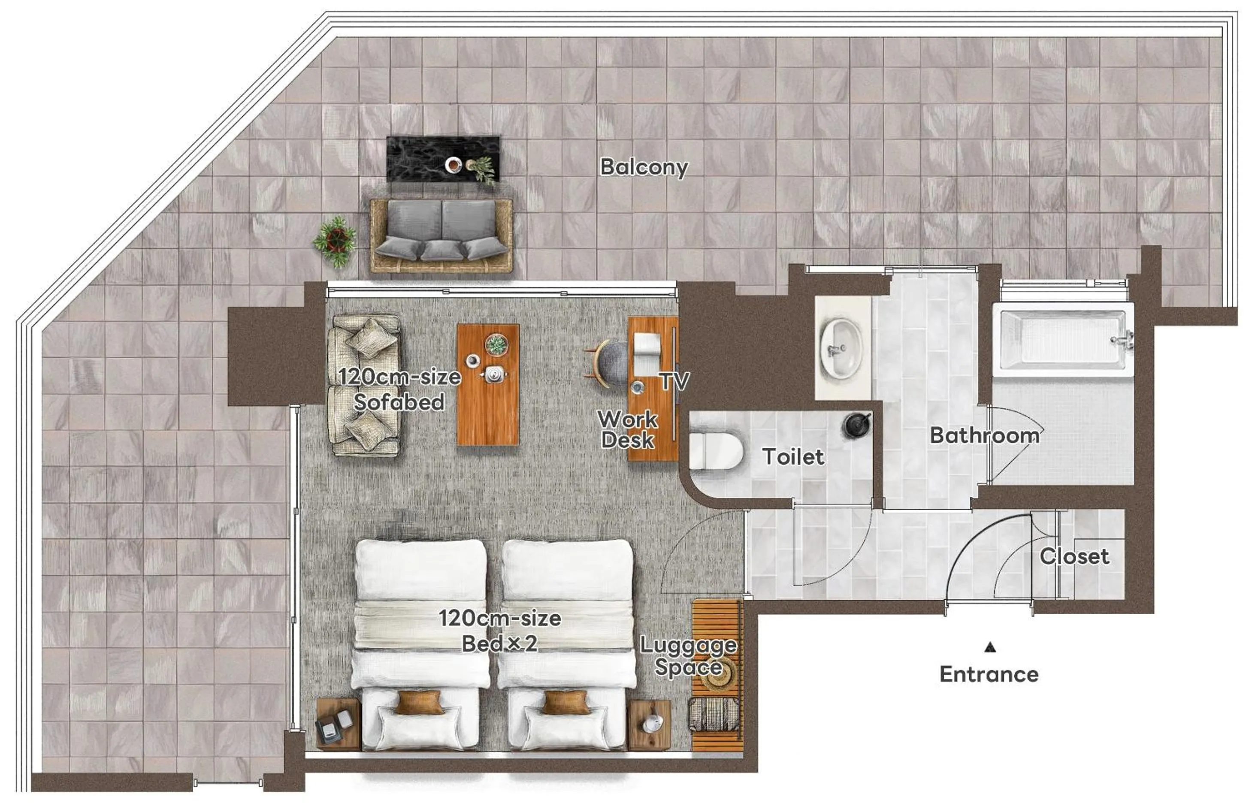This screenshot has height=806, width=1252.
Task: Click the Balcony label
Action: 644,167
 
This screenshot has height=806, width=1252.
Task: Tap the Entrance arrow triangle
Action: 989,647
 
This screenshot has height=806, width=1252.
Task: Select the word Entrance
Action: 989,674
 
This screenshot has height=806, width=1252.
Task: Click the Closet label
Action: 1074,556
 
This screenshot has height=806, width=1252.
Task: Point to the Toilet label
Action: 793,457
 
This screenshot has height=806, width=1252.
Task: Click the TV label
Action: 674,381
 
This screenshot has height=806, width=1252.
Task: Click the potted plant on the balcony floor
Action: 336,241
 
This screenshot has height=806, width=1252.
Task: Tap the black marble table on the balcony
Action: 443,159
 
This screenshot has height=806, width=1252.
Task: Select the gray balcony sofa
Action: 441,235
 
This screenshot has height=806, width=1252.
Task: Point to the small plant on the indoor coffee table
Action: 496,345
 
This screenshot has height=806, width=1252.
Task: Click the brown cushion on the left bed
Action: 419,702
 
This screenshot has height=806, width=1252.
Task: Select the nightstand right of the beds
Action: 650,724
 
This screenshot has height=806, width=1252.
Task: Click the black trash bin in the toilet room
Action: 856,425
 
